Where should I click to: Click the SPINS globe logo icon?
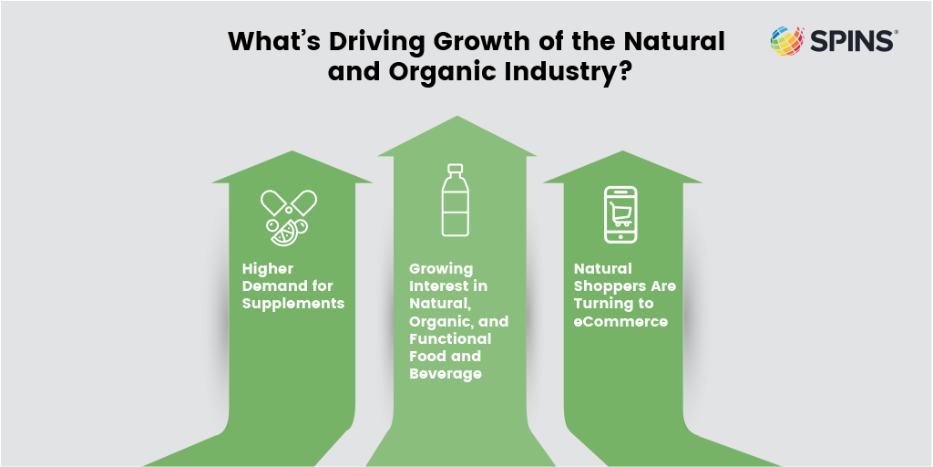tap(787, 41)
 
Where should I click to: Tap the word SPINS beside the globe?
tap(853, 41)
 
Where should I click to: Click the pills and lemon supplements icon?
tap(289, 217)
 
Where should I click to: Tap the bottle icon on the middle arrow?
tap(456, 200)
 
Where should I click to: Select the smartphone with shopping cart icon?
tap(620, 214)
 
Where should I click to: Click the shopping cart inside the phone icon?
tap(620, 213)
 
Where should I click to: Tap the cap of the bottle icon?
tap(456, 169)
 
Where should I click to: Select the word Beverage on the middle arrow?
tap(445, 374)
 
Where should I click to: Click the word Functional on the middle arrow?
tap(450, 338)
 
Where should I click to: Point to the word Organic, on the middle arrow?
tap(441, 322)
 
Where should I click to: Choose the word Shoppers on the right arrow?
tap(608, 287)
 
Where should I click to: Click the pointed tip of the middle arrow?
tap(457, 116)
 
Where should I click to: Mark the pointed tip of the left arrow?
tap(292, 151)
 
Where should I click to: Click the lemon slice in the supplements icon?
tap(282, 234)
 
